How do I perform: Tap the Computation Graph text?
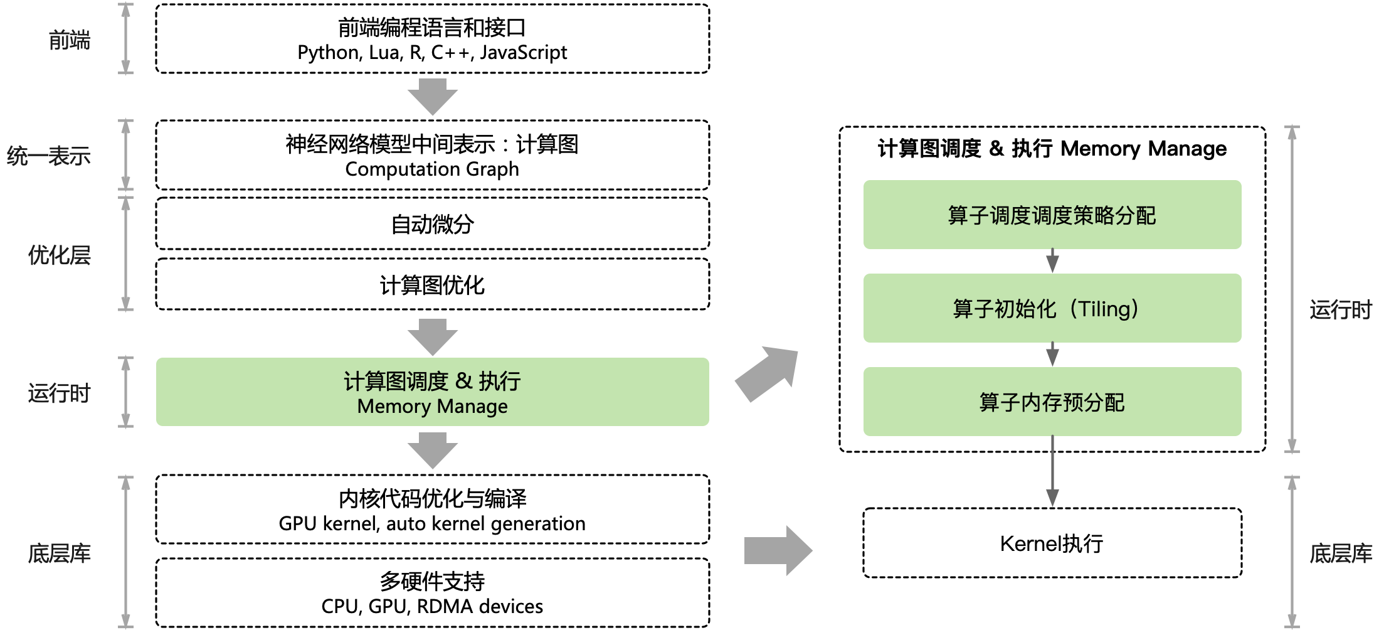point(432,169)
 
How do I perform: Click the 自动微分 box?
point(432,224)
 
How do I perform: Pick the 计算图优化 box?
point(432,285)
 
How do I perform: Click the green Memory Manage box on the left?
point(432,392)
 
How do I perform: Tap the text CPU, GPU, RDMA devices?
point(432,606)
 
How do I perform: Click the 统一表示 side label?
point(49,156)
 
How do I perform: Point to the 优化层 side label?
point(59,255)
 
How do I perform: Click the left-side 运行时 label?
point(59,393)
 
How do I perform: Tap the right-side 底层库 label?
point(1340,553)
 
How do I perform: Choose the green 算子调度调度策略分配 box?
point(1052,215)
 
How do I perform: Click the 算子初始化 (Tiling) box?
point(1052,308)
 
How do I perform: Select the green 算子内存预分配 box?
point(1052,402)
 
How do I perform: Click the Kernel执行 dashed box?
point(1052,543)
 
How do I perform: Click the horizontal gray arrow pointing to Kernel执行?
point(778,551)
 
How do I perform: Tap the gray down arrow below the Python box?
point(432,97)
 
